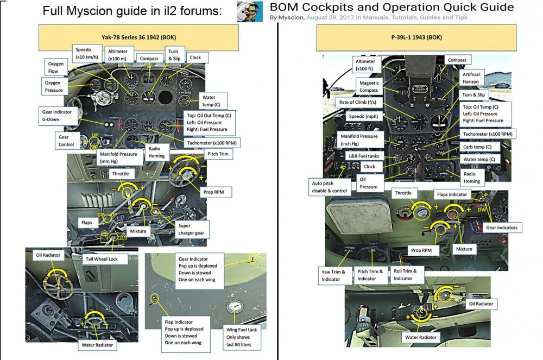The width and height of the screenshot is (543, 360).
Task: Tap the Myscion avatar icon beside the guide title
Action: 250,11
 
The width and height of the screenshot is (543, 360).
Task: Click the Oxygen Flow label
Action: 56,67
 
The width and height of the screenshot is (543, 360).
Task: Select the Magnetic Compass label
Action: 369,87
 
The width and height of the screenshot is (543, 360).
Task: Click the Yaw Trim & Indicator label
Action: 331,275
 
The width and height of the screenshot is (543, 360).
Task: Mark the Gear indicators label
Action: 501,228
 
